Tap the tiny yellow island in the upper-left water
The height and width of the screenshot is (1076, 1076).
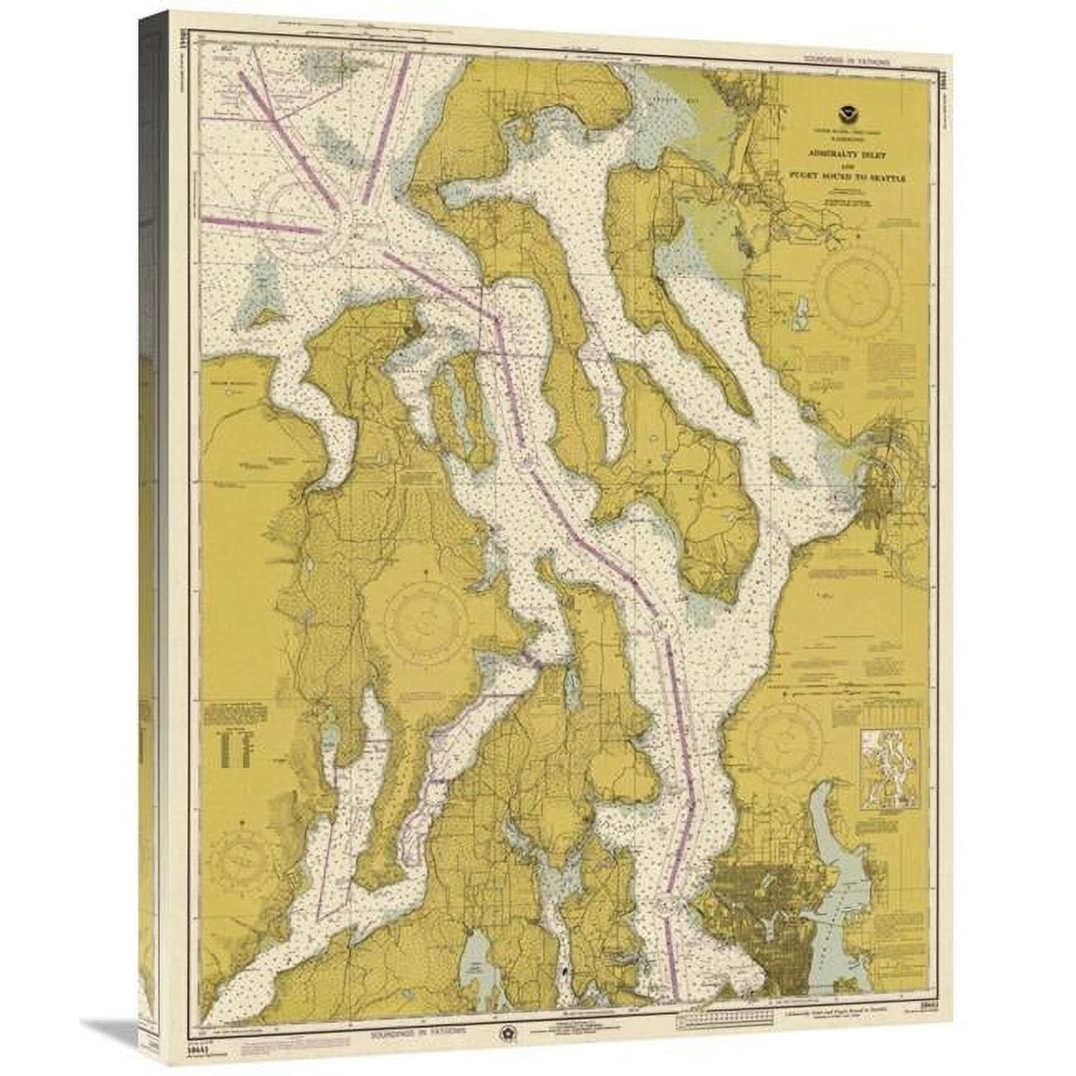click(267, 315)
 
